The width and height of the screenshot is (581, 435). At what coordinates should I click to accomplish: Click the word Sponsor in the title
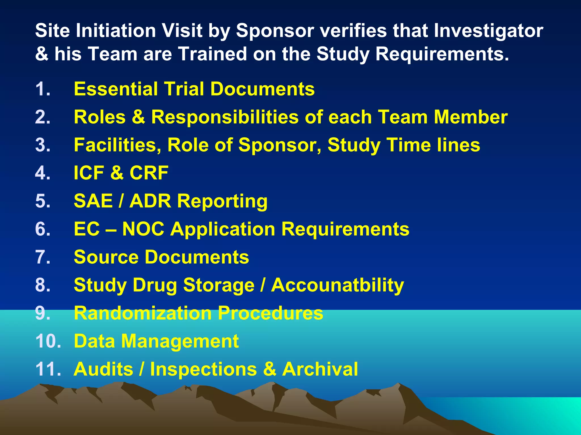tap(275, 31)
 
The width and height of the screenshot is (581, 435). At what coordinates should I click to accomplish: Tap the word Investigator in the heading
tap(488, 31)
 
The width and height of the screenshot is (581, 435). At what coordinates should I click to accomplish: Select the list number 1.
tap(43, 89)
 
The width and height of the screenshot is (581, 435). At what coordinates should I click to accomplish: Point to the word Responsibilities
tap(225, 117)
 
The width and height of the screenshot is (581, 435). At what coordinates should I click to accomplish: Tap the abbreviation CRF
tap(149, 173)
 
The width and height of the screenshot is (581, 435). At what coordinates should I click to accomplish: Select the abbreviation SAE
tap(93, 201)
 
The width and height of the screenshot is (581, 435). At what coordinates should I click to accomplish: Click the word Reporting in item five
tap(222, 201)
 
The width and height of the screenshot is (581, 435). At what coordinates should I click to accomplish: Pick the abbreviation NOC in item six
tap(143, 229)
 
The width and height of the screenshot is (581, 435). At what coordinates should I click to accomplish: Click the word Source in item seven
tap(106, 257)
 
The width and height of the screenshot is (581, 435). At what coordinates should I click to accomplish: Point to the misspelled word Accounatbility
tap(337, 285)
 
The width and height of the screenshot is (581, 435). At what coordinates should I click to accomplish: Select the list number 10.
tap(48, 341)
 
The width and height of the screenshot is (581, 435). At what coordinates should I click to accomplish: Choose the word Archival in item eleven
tap(320, 369)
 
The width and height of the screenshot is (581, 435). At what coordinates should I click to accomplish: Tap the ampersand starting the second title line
tap(42, 54)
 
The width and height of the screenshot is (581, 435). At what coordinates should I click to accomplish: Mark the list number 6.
tap(43, 229)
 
